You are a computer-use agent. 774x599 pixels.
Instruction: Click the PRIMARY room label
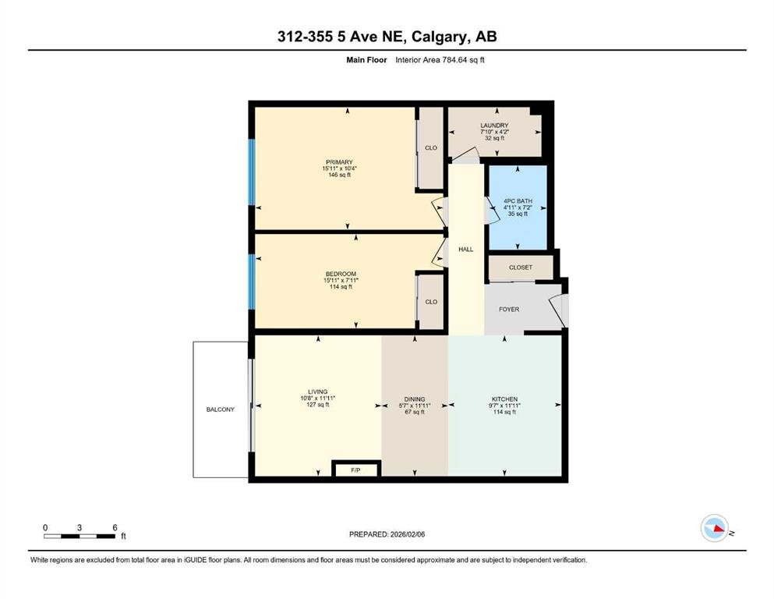tap(339, 162)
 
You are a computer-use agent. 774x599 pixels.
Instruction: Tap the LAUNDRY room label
tap(494, 126)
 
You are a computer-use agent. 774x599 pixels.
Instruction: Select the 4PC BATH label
tap(518, 201)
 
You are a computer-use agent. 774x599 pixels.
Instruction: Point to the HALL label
tap(465, 250)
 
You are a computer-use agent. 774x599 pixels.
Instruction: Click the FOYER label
tap(509, 309)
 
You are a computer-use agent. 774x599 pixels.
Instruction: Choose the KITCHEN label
tap(504, 399)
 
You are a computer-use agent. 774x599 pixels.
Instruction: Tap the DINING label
tap(415, 399)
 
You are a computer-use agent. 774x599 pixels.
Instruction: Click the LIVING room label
tap(317, 392)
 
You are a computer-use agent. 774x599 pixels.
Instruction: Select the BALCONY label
tap(220, 409)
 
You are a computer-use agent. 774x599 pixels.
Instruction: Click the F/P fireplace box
tap(356, 469)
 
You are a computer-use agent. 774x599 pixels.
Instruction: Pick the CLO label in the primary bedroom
tap(431, 147)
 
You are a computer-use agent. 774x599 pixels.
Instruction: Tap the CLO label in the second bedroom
tap(431, 302)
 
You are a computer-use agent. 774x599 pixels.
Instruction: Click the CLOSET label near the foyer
tap(521, 268)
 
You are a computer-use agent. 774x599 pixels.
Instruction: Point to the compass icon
tap(715, 528)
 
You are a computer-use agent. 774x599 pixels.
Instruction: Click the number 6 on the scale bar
tap(115, 527)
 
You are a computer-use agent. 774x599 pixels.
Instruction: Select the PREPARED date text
tap(387, 534)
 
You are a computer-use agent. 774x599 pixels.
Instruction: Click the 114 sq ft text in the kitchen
tap(504, 412)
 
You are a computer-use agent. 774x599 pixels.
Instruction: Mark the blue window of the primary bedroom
tap(251, 172)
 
